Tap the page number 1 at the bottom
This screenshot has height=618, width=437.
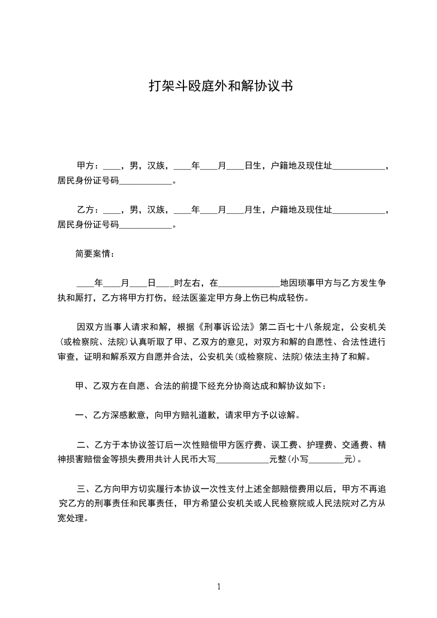(x=219, y=587)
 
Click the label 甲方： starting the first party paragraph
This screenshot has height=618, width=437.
(x=88, y=165)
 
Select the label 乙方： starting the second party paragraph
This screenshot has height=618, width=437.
(x=88, y=210)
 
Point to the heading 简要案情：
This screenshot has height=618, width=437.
(x=96, y=254)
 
